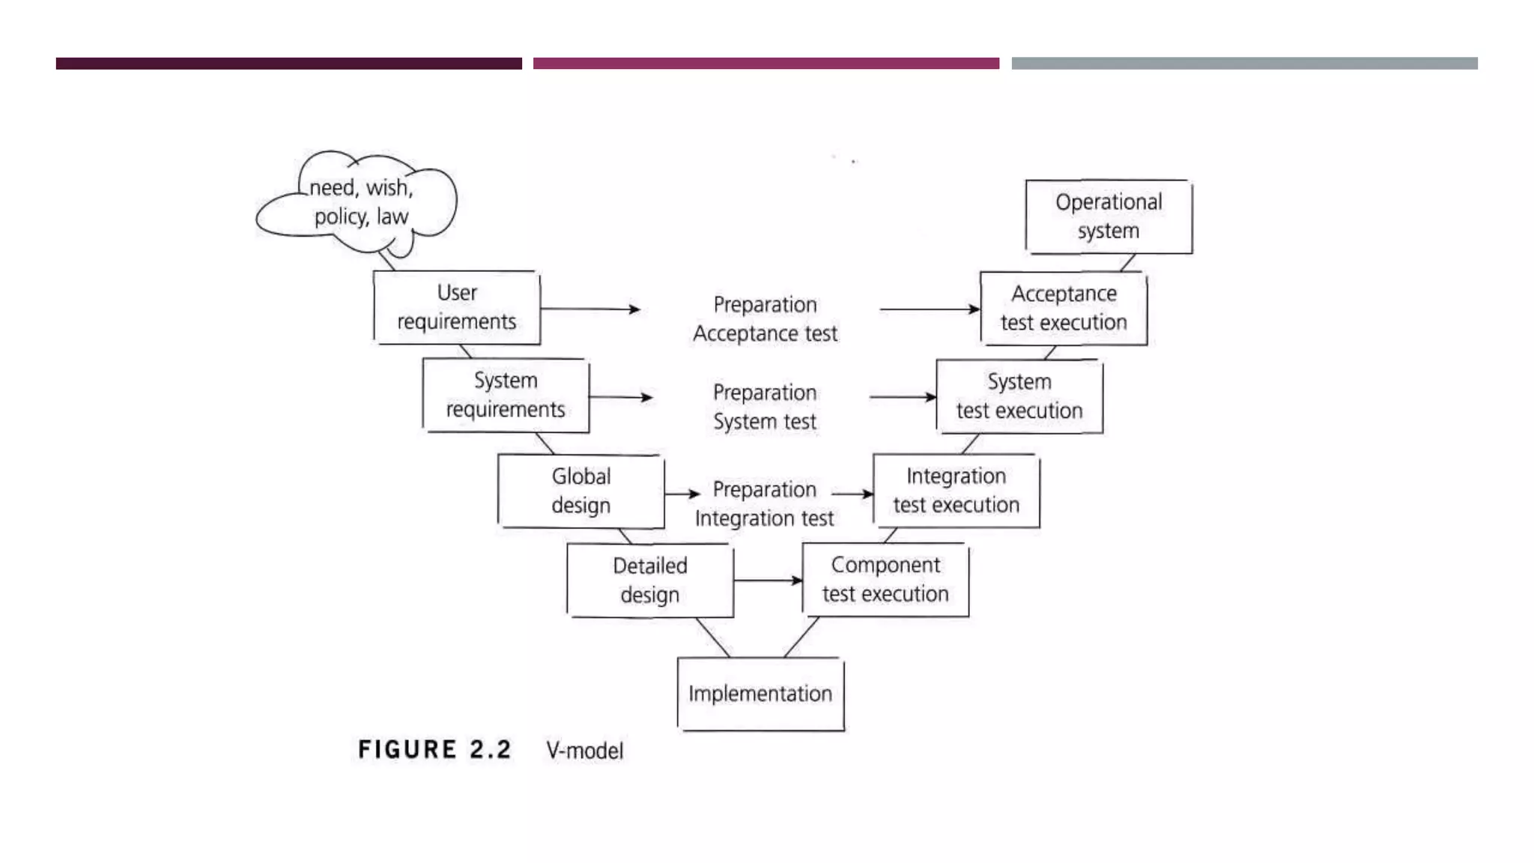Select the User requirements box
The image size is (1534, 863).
456,308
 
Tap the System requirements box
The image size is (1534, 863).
506,396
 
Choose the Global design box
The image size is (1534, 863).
580,491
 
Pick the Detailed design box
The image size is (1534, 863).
649,581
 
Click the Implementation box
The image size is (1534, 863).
760,694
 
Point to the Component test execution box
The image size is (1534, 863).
885,580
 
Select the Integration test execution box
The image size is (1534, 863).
956,491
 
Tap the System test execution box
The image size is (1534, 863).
1019,396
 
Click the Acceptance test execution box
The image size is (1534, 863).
1064,308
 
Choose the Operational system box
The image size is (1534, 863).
1109,216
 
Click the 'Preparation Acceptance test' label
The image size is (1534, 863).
765,319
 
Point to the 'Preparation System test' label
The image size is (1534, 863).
765,407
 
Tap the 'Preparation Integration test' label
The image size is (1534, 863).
764,503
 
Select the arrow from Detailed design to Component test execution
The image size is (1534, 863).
768,581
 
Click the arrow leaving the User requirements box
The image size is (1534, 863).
590,309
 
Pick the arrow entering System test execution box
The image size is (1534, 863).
903,397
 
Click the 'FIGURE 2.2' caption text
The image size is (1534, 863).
434,750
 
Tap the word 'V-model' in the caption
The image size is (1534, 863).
584,751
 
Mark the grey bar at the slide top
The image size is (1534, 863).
1244,64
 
